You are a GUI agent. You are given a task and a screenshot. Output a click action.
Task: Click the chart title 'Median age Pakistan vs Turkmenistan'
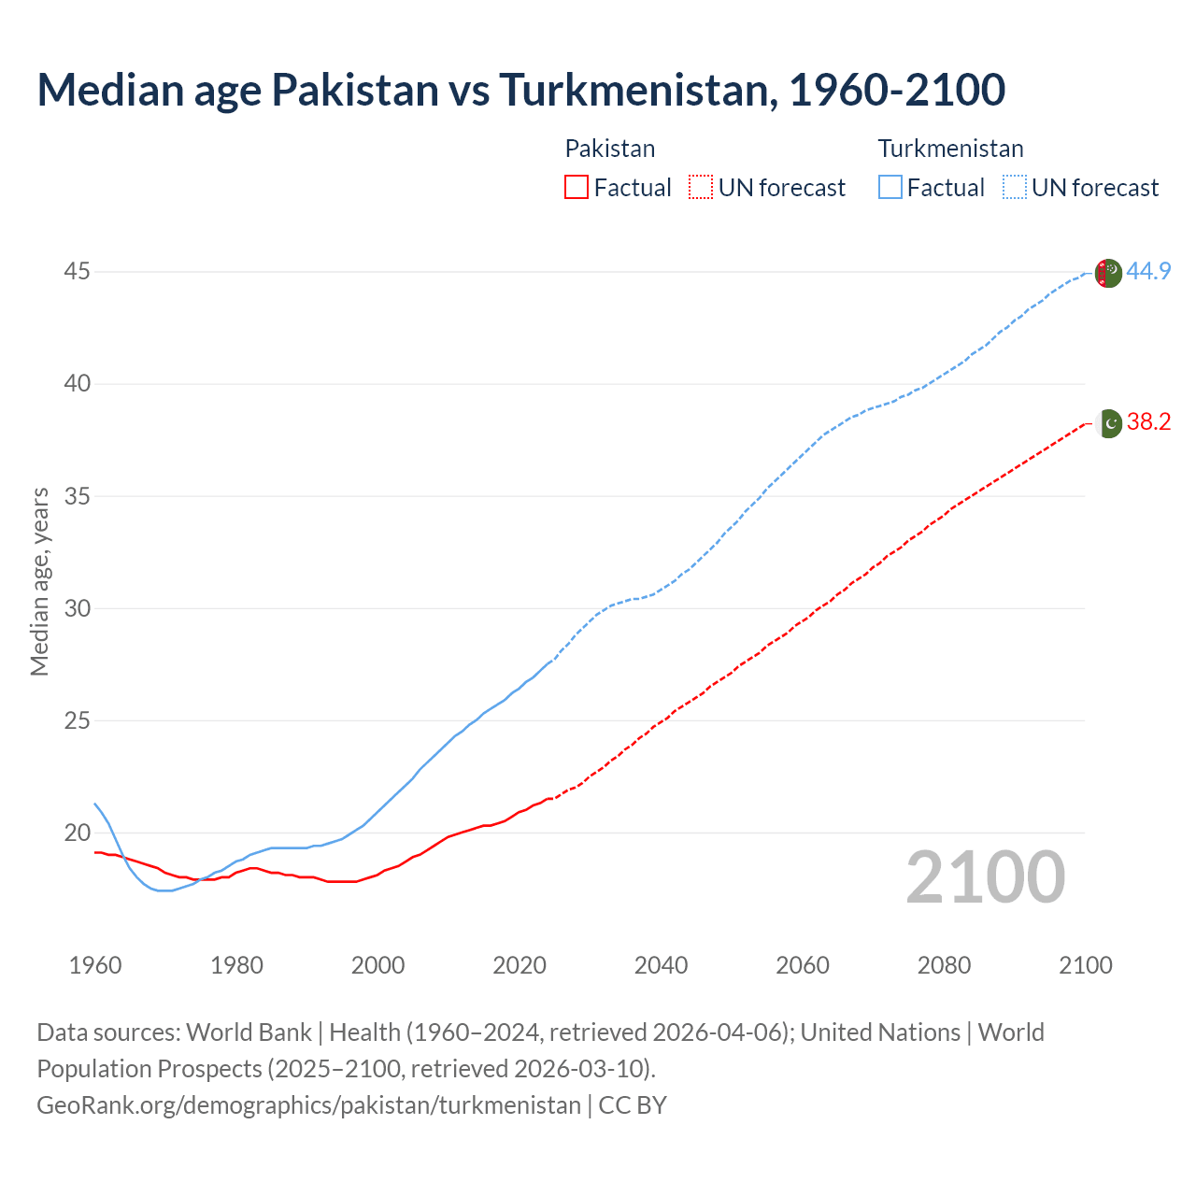pos(520,90)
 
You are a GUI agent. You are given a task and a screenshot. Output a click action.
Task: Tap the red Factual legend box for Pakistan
pos(577,188)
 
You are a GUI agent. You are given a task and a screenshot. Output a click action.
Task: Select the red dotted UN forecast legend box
pos(701,188)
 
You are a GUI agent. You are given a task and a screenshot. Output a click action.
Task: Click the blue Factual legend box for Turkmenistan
pos(890,188)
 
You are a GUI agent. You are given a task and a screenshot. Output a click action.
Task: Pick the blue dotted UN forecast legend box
pos(1014,188)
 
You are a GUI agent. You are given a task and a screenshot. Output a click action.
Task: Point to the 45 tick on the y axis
pos(78,272)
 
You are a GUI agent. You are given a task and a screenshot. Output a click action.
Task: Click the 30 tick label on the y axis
pos(78,608)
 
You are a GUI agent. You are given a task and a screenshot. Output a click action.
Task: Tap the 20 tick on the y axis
pos(78,833)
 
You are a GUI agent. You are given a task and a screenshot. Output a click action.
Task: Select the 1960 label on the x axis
pos(95,965)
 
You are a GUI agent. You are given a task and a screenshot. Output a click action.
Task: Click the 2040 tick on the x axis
pos(661,965)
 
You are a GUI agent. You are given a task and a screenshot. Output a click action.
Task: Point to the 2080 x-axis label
pos(944,965)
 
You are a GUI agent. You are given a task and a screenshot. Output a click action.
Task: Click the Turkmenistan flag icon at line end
pos(1108,273)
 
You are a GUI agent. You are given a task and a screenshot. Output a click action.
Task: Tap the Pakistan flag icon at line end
pos(1108,423)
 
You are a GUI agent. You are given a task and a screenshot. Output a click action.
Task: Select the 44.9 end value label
pos(1148,272)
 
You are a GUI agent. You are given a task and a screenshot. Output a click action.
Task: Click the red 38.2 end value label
pos(1148,422)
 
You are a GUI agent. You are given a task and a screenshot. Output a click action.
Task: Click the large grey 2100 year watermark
pos(985,877)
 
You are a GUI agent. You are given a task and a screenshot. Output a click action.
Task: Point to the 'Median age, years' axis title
pos(39,581)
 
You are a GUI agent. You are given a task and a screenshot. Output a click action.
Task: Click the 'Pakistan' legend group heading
pos(610,149)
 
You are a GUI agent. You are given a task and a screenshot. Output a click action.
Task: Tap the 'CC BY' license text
pos(633,1105)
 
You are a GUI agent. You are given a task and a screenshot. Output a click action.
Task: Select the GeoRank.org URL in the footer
pos(308,1105)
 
